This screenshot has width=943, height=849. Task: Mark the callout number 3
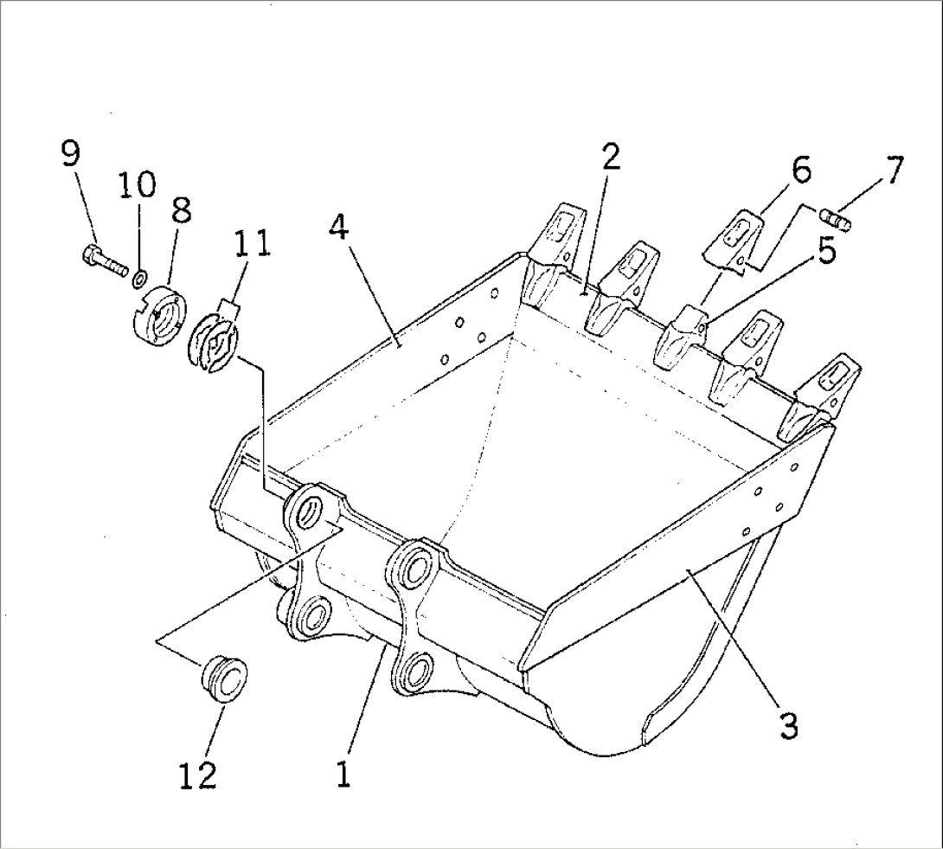(x=786, y=724)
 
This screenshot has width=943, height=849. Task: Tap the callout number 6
(x=801, y=170)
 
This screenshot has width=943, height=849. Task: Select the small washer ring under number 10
(x=138, y=279)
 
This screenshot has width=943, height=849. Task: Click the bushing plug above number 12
(x=224, y=679)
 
